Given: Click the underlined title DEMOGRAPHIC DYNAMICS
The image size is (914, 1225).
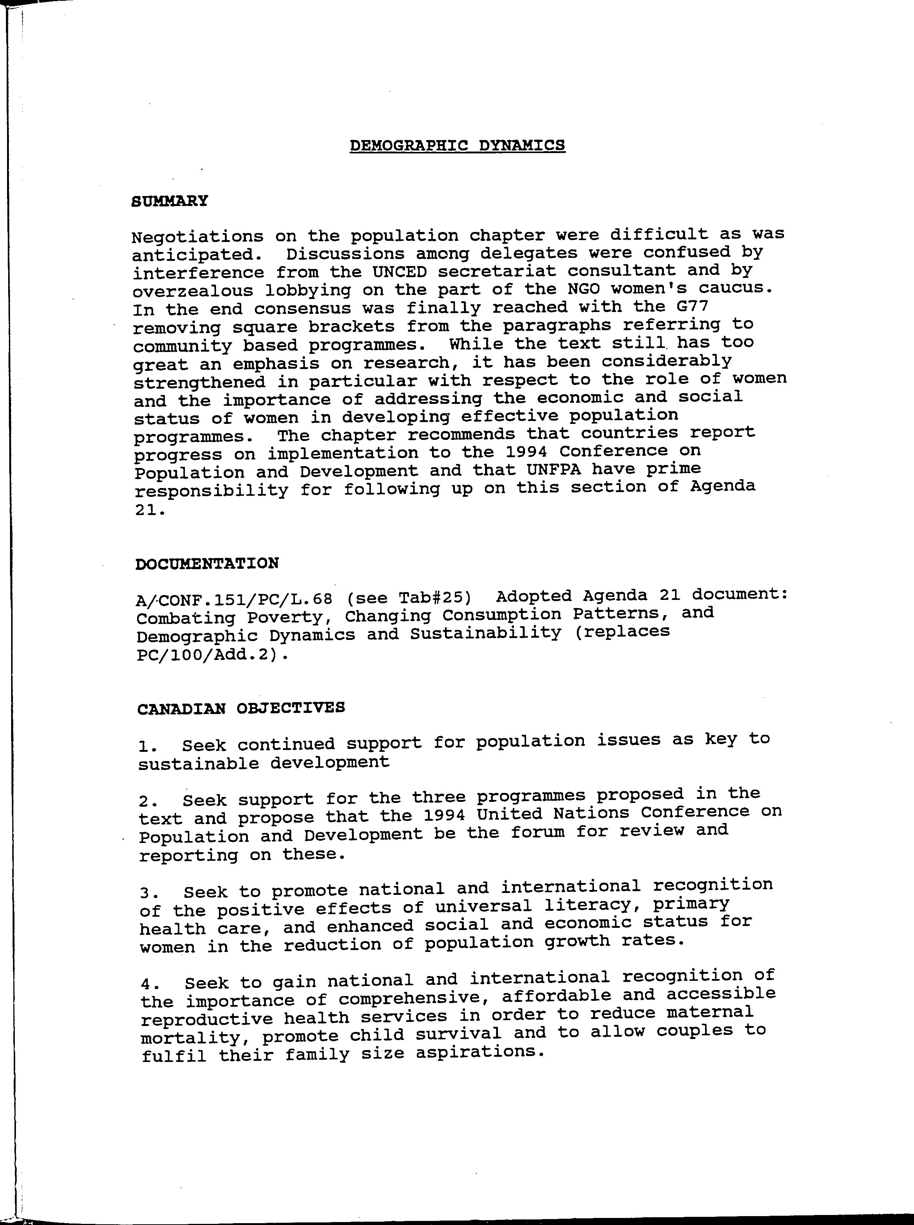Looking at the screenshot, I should click(x=458, y=146).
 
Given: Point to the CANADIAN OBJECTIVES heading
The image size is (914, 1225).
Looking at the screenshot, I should click(x=241, y=708).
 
